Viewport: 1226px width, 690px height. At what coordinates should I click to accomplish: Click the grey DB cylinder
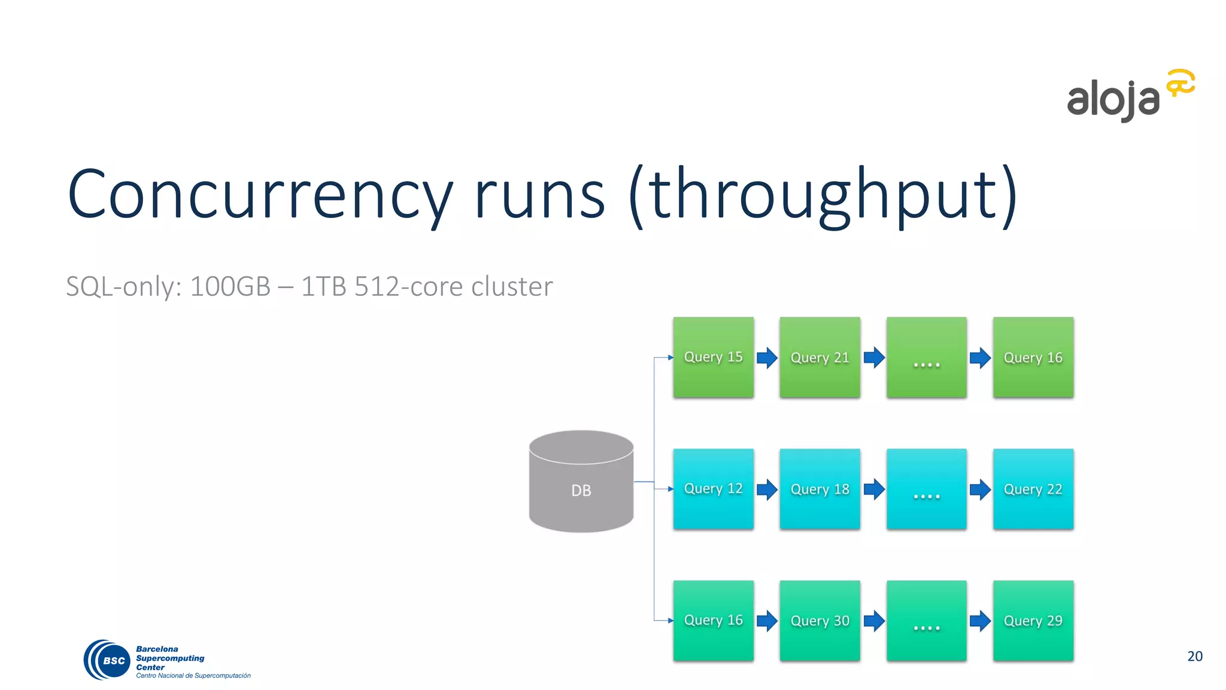[x=581, y=482]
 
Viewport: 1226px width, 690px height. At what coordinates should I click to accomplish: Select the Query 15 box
[x=713, y=358]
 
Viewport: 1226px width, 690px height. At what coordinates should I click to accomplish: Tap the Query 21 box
[x=820, y=358]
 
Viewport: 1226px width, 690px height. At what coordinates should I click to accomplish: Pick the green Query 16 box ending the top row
[x=1033, y=358]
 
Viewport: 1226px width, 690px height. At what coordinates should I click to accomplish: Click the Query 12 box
[x=713, y=489]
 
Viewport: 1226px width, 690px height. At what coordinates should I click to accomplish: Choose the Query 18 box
[x=820, y=489]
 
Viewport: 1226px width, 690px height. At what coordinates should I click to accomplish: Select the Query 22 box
[x=1033, y=489]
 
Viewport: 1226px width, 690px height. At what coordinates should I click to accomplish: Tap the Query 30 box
[x=820, y=621]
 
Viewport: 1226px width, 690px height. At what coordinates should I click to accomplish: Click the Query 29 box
[x=1033, y=621]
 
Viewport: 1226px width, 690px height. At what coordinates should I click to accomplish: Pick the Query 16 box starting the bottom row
[x=713, y=621]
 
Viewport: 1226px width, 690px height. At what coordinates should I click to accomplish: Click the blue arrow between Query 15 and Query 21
[x=767, y=358]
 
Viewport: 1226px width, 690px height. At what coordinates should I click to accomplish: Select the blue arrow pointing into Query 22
[x=980, y=489]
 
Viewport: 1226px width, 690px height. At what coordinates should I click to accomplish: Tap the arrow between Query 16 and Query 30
[x=767, y=621]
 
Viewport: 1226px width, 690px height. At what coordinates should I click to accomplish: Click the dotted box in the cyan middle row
[x=926, y=489]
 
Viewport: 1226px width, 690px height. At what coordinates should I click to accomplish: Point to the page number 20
[x=1194, y=656]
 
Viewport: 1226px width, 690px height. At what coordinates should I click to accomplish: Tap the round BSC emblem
[x=108, y=660]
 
